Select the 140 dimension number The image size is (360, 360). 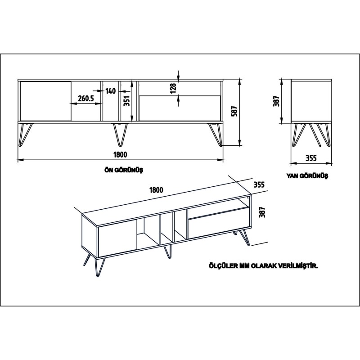111,91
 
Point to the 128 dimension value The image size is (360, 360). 173,88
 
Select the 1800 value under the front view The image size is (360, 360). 120,154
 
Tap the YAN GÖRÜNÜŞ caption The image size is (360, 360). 307,176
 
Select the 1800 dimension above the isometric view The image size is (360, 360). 156,190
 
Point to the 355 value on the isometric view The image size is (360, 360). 258,184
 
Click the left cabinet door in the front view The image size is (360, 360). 45,101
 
